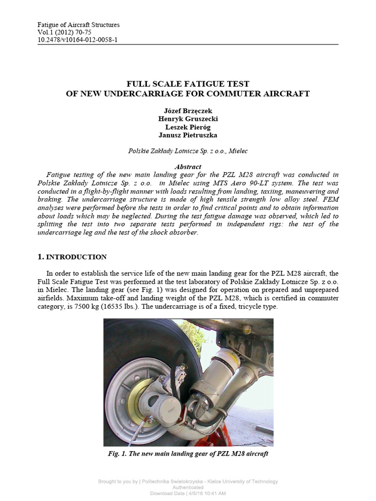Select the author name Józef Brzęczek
[x=188, y=111]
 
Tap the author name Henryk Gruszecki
[x=188, y=119]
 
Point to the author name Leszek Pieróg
[x=188, y=127]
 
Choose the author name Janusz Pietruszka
[x=188, y=135]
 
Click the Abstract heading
[x=188, y=167]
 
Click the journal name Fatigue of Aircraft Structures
[x=78, y=25]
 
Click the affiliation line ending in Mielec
[x=188, y=151]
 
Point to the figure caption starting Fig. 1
[x=188, y=454]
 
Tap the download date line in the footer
[x=188, y=493]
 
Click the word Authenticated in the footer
[x=188, y=487]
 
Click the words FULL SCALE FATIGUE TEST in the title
[x=188, y=84]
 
